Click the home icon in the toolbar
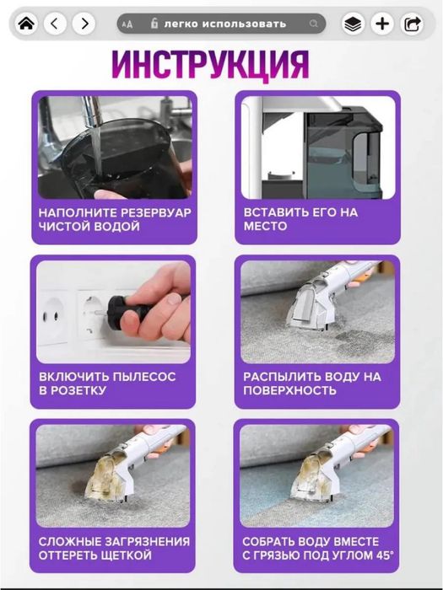[26, 24]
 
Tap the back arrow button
[55, 24]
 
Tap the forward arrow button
[83, 24]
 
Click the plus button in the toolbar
[382, 24]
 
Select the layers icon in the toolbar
[354, 24]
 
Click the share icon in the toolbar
[412, 24]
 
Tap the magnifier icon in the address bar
[314, 24]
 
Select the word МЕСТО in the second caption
[265, 227]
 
